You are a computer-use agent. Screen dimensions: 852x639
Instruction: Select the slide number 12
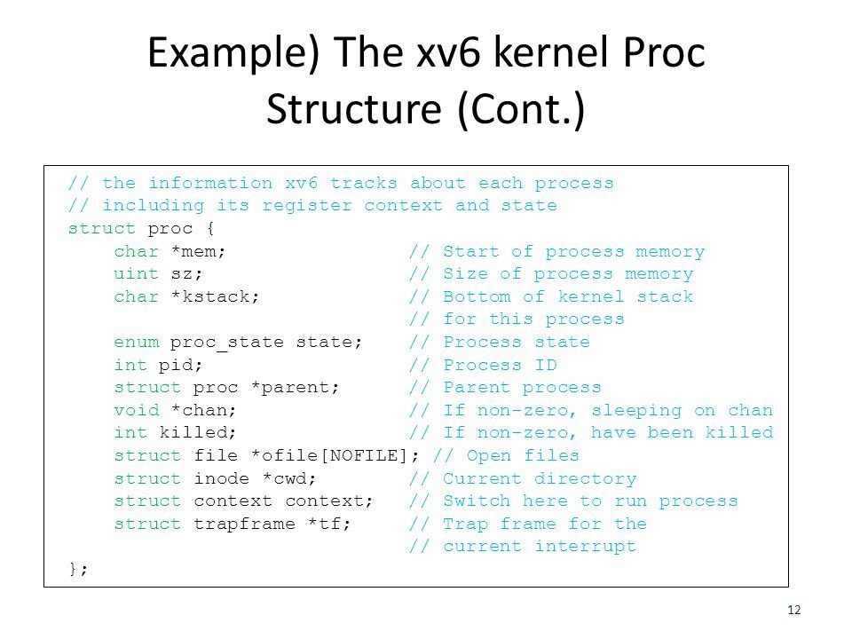tap(794, 609)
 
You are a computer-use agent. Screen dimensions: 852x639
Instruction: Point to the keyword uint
tap(137, 274)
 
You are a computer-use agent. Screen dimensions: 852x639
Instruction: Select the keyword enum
tap(137, 343)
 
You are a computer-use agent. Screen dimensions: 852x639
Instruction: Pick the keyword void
tap(137, 411)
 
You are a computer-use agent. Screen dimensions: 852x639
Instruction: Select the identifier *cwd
tap(290, 479)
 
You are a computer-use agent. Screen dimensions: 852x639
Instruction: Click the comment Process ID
tap(500, 366)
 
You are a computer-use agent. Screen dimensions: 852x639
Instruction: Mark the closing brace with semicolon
tap(79, 570)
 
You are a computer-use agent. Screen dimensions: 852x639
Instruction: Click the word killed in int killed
tap(199, 433)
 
